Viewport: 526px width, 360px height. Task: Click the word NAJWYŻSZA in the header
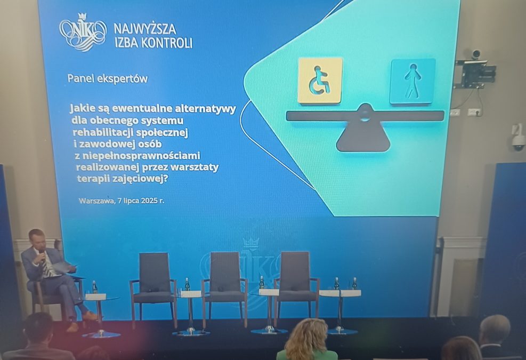(x=145, y=29)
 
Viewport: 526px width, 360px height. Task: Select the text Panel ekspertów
(x=107, y=78)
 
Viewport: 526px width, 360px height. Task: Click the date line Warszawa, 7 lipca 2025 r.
(x=122, y=201)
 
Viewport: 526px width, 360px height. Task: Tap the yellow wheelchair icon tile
(x=320, y=81)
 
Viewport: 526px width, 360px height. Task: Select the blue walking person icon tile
(x=412, y=82)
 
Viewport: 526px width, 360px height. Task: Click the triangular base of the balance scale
(x=363, y=136)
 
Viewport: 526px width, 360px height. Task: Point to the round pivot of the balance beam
(x=365, y=114)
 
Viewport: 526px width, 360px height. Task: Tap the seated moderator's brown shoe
(x=90, y=316)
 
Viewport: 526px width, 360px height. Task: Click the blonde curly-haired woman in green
(x=307, y=340)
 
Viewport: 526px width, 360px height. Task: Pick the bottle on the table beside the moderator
(x=95, y=287)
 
